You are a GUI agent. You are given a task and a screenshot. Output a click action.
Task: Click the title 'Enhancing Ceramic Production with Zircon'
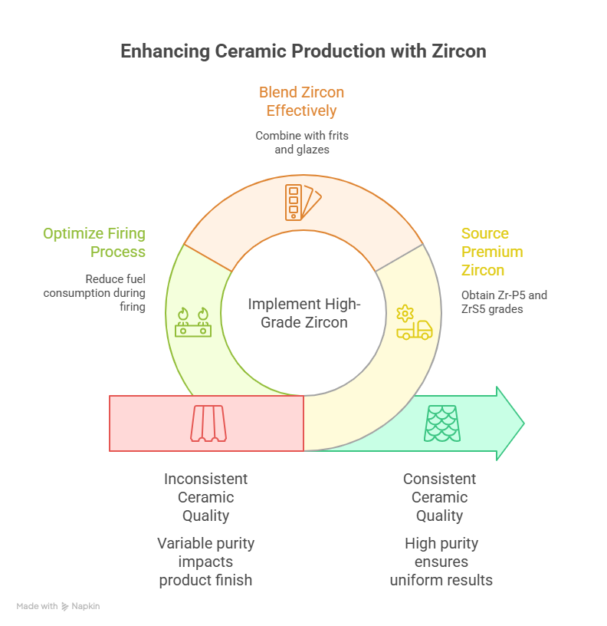pos(303,51)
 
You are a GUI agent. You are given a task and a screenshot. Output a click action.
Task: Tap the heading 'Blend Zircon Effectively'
pos(301,101)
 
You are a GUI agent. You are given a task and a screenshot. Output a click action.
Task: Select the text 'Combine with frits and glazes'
pos(301,142)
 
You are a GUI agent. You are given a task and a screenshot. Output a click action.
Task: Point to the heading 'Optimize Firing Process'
pos(94,242)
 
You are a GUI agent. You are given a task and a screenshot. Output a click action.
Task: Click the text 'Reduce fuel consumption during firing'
pos(94,293)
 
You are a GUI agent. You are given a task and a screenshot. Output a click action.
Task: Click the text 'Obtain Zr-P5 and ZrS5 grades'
pos(504,301)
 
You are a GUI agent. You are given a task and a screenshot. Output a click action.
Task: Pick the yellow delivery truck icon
pos(414,324)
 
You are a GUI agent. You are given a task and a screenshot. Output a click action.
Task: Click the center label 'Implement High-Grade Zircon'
pos(303,313)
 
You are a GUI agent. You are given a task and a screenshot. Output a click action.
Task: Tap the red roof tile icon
pos(208,423)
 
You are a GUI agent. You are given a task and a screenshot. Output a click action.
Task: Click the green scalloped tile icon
pos(443,423)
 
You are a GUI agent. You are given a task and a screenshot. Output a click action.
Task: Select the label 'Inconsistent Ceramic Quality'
pos(205,497)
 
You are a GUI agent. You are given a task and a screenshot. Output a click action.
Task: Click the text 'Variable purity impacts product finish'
pos(205,562)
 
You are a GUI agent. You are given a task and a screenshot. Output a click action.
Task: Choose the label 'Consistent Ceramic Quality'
pos(440,497)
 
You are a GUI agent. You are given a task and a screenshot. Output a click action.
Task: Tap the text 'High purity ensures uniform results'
pos(441,562)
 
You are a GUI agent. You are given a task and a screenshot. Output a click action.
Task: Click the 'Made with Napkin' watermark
pos(58,606)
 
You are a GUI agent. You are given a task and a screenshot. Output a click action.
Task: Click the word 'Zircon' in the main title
pos(458,51)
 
